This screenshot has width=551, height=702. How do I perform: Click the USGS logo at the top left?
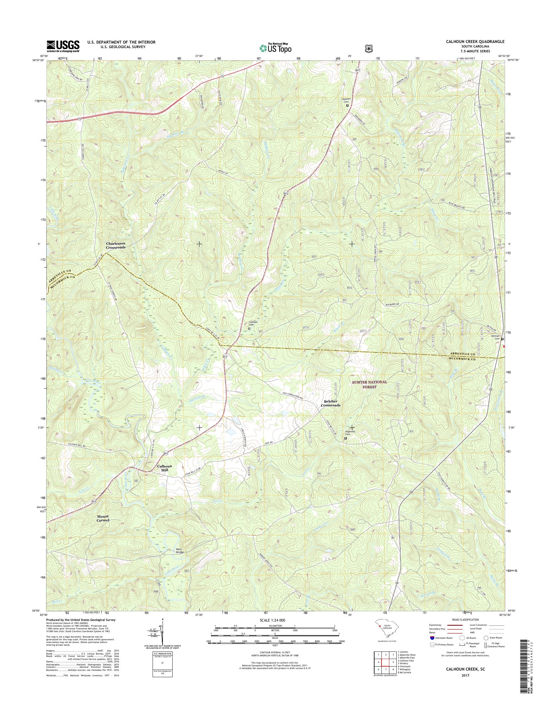[x=63, y=46]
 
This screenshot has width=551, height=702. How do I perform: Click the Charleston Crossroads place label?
[x=116, y=245]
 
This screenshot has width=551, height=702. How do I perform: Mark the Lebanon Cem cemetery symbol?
[x=348, y=105]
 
